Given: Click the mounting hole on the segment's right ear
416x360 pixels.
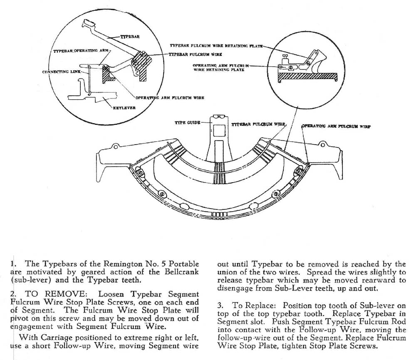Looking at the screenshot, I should (x=322, y=145).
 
